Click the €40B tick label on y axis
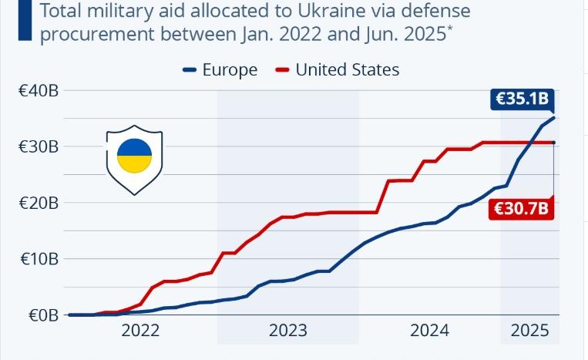pyautogui.click(x=39, y=91)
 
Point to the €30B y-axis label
pyautogui.click(x=39, y=146)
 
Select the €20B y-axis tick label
pyautogui.click(x=39, y=203)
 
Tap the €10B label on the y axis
pyautogui.click(x=39, y=259)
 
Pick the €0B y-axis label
pyautogui.click(x=42, y=315)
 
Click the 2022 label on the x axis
pyautogui.click(x=140, y=331)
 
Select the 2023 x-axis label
pyautogui.click(x=287, y=331)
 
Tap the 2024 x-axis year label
pyautogui.click(x=430, y=331)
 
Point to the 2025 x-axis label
pyautogui.click(x=529, y=331)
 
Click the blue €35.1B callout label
pyautogui.click(x=521, y=99)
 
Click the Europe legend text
pyautogui.click(x=230, y=70)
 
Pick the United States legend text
pyautogui.click(x=348, y=70)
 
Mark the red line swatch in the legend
pyautogui.click(x=282, y=70)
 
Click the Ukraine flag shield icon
pyautogui.click(x=134, y=159)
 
